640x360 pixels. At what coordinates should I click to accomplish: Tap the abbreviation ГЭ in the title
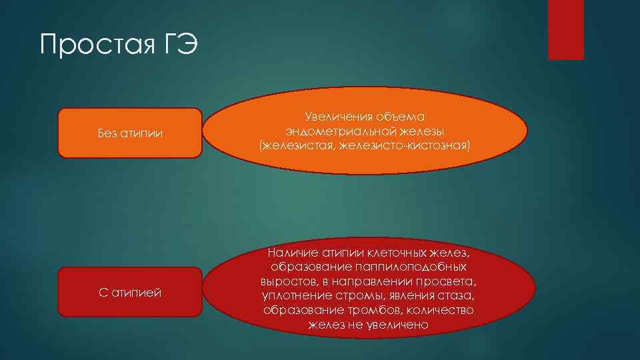tap(177, 45)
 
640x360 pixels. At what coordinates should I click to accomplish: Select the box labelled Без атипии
tap(129, 133)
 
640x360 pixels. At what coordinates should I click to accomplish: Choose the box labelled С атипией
tap(129, 292)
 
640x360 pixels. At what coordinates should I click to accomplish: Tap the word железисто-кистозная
tap(409, 144)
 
